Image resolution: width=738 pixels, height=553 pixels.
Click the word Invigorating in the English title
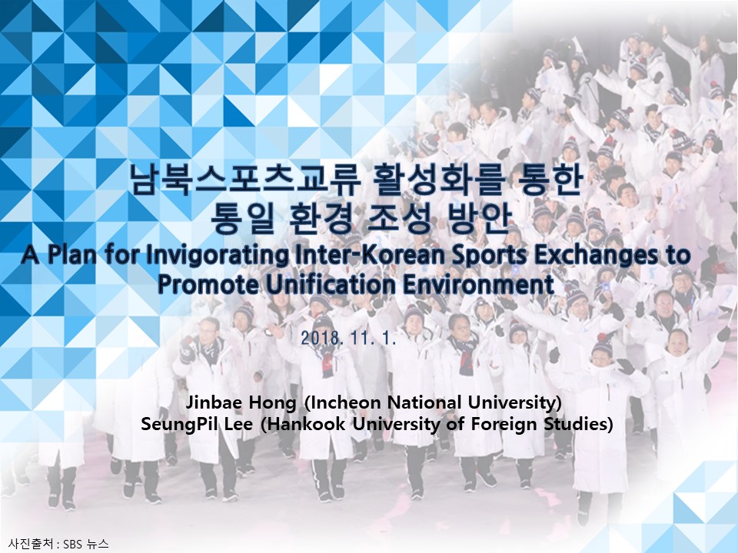pos(218,256)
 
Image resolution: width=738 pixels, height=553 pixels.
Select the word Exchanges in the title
pos(596,256)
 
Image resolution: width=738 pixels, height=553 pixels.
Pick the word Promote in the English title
pos(208,284)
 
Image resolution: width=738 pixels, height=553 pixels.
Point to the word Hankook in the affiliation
pos(304,424)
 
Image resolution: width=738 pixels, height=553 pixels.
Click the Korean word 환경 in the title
pos(320,218)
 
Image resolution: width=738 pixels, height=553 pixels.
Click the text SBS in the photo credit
pos(74,545)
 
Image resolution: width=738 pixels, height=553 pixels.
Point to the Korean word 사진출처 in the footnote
pos(30,545)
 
